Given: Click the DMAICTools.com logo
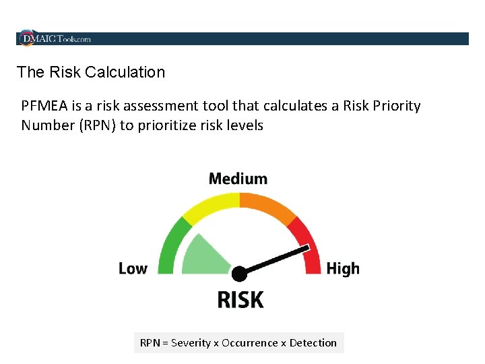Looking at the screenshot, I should point(55,39).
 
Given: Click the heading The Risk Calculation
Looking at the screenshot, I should point(90,72).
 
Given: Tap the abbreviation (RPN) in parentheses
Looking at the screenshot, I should point(98,125).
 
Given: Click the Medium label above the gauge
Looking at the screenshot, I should point(238,179).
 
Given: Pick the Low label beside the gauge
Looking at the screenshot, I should point(133,268).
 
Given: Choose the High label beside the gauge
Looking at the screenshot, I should point(343,268).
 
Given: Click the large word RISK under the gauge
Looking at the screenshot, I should point(240,299).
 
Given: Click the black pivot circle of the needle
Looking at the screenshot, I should point(239,274).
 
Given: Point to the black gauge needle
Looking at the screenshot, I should point(276,260).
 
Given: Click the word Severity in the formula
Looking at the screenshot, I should point(191,343).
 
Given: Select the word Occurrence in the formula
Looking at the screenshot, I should point(249,343).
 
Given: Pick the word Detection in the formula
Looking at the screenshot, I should point(313,343).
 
